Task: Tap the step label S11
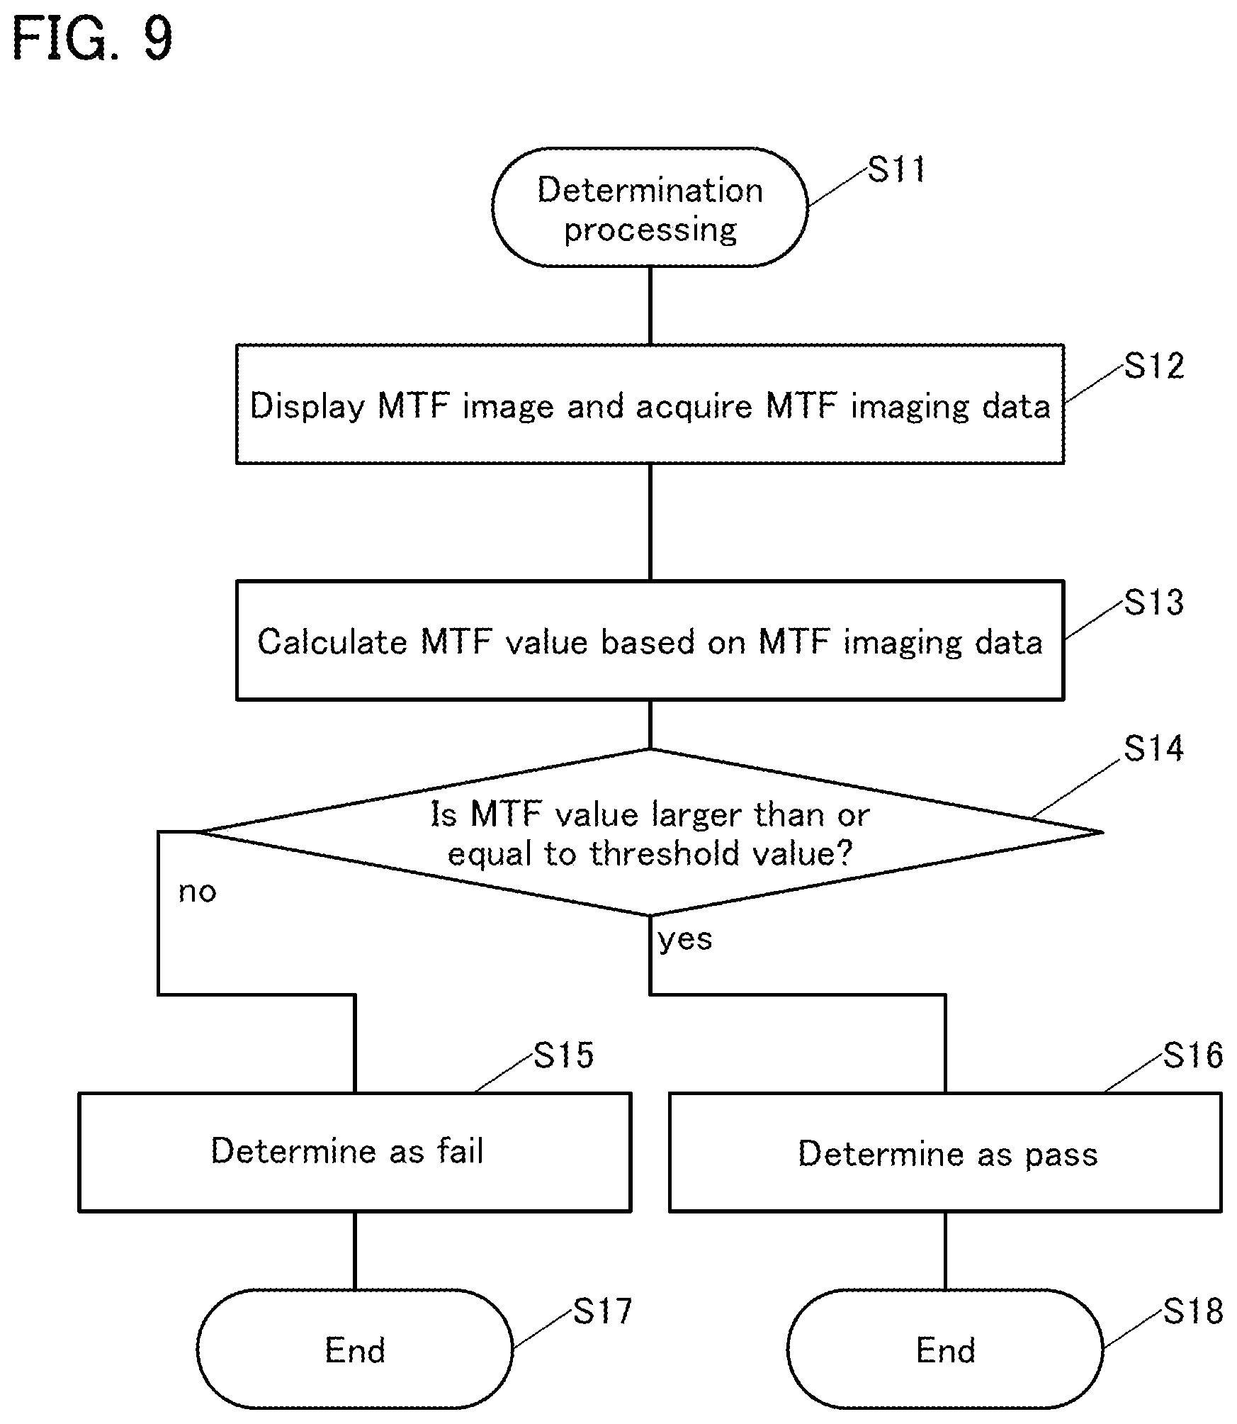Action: [897, 170]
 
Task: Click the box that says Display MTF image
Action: [650, 404]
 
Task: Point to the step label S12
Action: [1154, 366]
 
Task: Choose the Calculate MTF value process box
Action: [650, 640]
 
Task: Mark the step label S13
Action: [1154, 602]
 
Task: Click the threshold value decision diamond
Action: [650, 832]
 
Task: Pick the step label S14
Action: [1154, 749]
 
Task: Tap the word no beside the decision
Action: [197, 892]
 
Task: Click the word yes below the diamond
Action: [684, 940]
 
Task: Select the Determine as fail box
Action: [354, 1152]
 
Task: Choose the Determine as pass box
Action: [945, 1152]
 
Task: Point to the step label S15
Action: [563, 1055]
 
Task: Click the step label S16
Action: [1193, 1055]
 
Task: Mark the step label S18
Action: [1193, 1312]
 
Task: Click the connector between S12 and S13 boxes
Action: [650, 522]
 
